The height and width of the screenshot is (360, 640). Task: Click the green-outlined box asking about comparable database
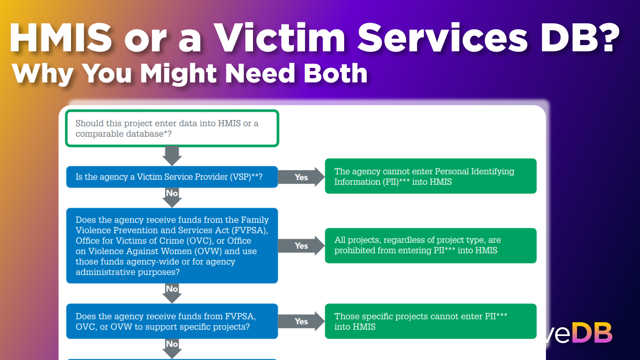point(172,128)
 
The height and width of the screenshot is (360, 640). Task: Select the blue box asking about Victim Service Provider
point(172,177)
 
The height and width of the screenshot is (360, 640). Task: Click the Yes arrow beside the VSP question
point(301,177)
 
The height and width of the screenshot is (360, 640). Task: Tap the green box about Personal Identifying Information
point(430,176)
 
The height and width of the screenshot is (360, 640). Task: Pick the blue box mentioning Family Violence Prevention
point(172,246)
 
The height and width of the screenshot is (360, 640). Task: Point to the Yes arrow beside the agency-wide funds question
point(301,246)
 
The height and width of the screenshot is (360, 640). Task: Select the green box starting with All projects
point(430,245)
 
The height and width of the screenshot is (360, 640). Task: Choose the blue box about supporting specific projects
point(172,321)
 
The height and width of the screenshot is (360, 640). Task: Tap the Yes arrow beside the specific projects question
point(301,321)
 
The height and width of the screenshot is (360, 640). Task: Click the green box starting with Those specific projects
point(430,321)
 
